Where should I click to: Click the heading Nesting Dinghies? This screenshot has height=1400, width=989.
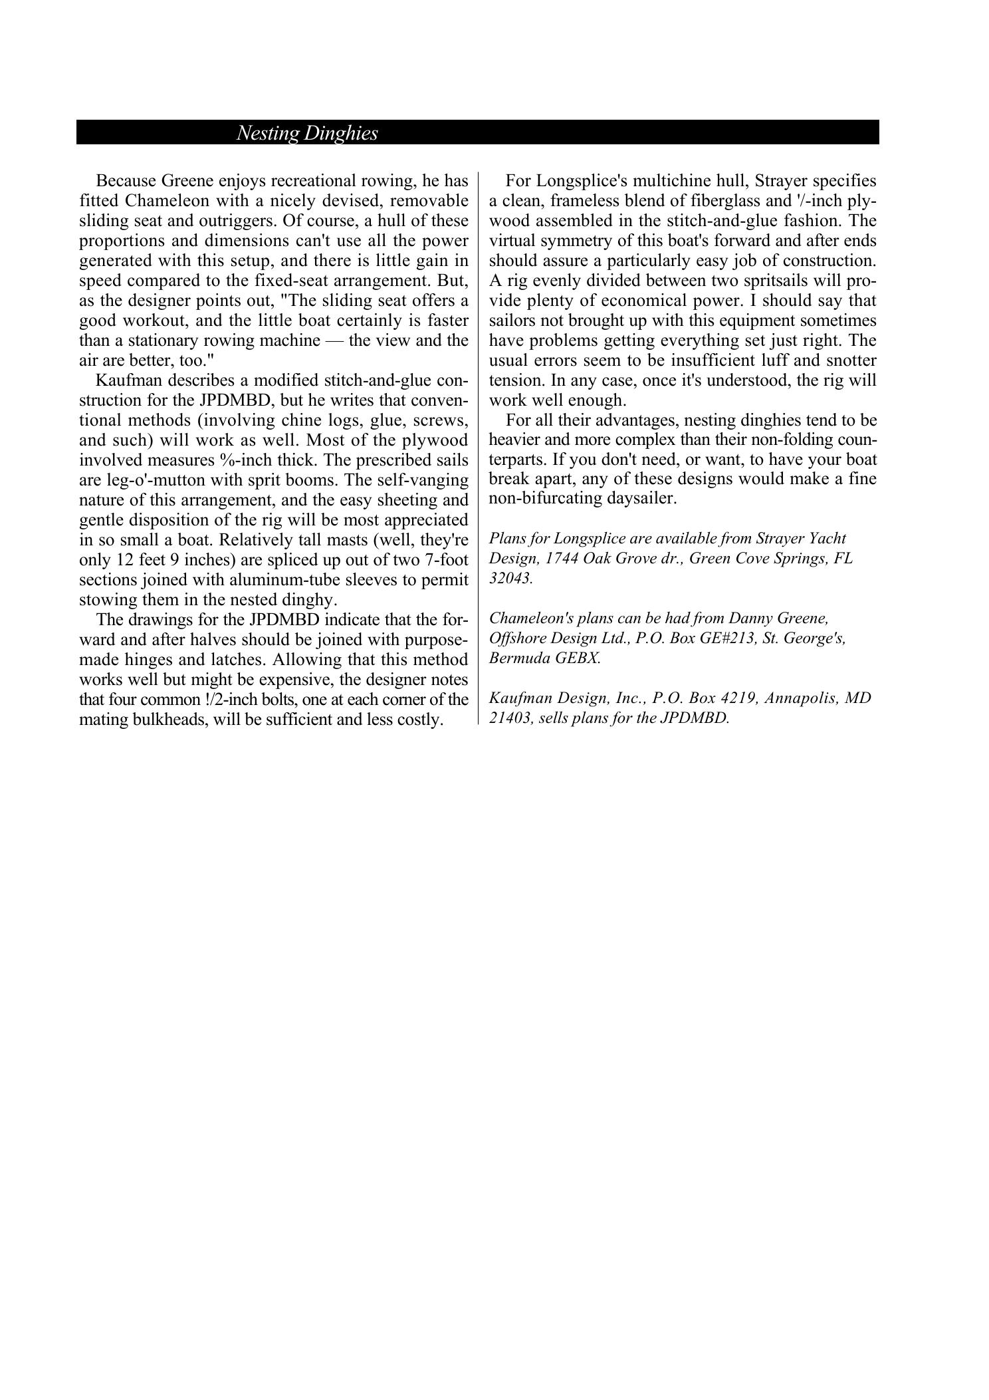pyautogui.click(x=307, y=133)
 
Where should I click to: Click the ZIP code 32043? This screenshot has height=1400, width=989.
pyautogui.click(x=510, y=577)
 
